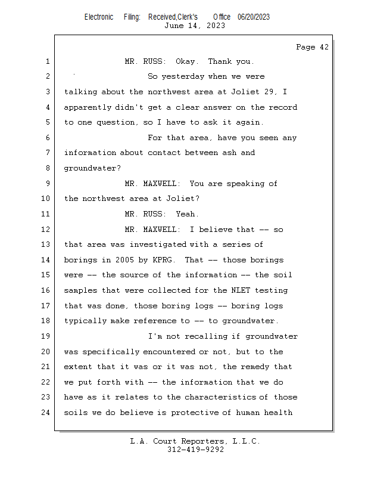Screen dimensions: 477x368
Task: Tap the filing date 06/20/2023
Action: (253, 17)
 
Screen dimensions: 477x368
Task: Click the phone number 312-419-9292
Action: (195, 450)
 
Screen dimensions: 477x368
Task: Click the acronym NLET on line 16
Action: (240, 290)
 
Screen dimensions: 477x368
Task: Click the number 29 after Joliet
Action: (275, 92)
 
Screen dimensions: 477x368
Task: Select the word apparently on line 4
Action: (87, 107)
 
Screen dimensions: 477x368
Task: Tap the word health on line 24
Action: (279, 413)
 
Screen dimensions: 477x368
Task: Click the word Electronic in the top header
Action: (99, 17)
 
